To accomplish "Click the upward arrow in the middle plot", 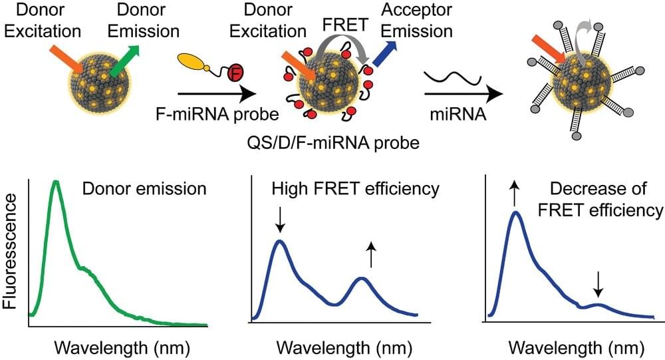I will coord(370,255).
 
